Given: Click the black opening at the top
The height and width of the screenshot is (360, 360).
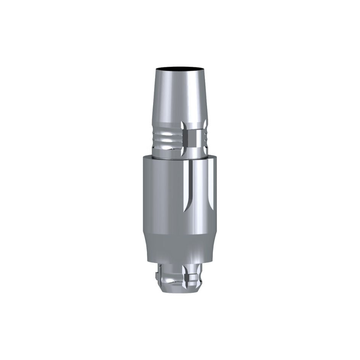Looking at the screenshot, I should [x=180, y=69].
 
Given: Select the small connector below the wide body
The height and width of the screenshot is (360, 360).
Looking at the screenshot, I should [x=179, y=276].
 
